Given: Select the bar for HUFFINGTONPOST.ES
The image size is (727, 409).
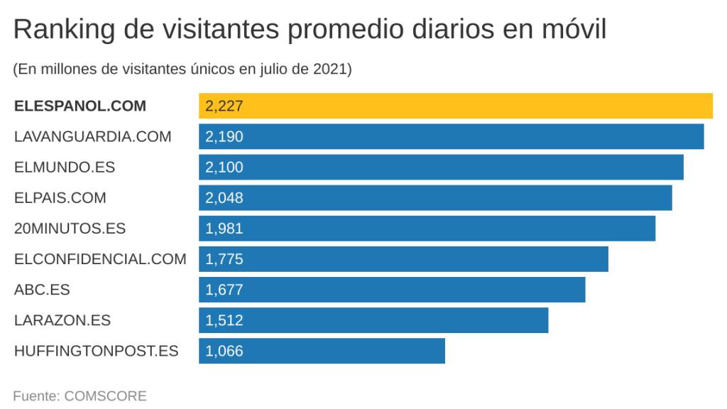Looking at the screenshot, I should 321,351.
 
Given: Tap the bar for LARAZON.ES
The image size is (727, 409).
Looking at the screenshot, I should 373,320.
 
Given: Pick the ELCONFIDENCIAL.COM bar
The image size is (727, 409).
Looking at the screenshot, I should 403,259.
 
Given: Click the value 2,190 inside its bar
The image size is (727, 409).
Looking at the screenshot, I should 224,136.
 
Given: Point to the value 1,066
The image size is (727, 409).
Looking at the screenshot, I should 224,351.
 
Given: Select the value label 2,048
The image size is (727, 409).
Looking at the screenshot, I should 224,198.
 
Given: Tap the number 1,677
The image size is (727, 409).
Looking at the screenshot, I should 224,290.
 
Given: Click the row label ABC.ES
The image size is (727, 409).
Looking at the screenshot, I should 42,290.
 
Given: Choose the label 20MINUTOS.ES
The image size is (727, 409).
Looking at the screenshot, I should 70,229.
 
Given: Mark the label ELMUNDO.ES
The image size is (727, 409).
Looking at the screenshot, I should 64,168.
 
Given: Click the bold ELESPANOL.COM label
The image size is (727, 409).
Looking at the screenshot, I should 80,107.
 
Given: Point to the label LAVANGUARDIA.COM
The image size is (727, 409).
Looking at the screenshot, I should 92,137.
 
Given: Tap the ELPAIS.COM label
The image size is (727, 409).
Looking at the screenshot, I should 60,198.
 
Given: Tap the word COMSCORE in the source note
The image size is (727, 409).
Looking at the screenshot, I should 105,396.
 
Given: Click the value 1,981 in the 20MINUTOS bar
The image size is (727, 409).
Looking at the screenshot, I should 224,229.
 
